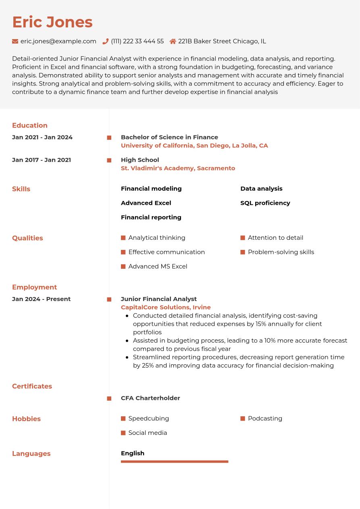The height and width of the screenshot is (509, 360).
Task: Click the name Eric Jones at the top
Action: tap(52, 22)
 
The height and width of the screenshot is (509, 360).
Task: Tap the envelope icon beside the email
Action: tap(15, 41)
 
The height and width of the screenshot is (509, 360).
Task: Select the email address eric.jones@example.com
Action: tap(58, 41)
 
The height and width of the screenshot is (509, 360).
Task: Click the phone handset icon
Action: tap(106, 41)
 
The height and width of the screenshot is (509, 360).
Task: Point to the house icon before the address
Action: tap(173, 41)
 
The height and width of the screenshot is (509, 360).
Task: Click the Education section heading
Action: tap(30, 125)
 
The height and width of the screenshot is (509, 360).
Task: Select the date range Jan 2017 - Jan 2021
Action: tap(42, 160)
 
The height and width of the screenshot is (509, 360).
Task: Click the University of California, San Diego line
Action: tap(194, 145)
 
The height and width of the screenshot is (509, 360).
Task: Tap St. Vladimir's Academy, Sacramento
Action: tap(178, 168)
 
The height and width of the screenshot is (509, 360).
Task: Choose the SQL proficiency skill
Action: tap(265, 203)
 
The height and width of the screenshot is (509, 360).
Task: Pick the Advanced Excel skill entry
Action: tap(146, 203)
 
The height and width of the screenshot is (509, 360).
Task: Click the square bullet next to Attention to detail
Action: tap(243, 238)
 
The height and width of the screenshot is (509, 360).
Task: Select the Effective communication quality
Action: tap(166, 252)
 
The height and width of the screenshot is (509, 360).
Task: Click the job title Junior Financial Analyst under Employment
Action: tap(158, 299)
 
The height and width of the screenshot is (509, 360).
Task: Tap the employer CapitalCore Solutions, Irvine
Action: tap(166, 307)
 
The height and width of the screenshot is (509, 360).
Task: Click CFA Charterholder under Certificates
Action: tap(150, 398)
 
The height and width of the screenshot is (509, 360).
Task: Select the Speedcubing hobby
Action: tap(148, 419)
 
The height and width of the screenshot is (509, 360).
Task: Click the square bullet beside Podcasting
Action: tap(243, 419)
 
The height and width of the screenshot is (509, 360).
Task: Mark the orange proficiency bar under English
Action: tap(175, 461)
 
